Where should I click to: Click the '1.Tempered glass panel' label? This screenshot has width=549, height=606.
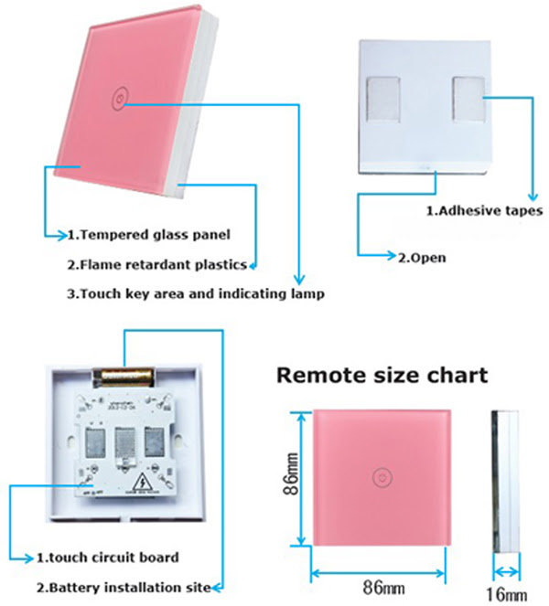pos(149,235)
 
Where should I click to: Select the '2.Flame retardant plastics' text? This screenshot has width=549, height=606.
pos(157,265)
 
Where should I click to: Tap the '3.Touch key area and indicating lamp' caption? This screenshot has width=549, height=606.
pos(196,294)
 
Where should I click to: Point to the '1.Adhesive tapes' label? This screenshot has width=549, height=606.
pos(484,211)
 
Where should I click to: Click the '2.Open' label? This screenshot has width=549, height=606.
pos(422,258)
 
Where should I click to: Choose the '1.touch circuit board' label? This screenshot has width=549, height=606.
pos(108,558)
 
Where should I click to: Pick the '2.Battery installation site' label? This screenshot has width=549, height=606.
pos(124,588)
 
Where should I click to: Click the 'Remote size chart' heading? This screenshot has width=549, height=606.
pos(382,375)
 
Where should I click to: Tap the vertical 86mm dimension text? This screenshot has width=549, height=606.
pos(291,474)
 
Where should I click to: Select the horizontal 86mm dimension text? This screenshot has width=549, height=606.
pos(383,588)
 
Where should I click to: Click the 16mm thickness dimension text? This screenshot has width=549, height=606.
pos(506,594)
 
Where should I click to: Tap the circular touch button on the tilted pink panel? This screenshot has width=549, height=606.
pos(119,97)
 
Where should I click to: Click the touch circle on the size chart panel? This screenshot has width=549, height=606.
pos(382,477)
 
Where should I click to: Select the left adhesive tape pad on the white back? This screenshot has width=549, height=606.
pos(383,98)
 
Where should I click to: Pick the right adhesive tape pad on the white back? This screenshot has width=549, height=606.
pos(468,99)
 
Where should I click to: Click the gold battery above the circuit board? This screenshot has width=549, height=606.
pos(123,377)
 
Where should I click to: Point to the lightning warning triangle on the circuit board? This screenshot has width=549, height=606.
pos(143,482)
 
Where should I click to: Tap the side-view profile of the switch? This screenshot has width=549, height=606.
pos(505,482)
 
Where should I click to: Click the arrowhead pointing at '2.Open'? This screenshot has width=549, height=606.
pos(391,255)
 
